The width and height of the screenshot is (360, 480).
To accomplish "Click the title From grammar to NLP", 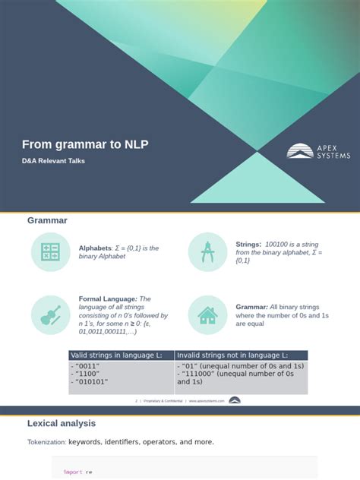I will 85,144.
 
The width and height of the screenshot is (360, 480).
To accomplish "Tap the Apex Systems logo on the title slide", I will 318,151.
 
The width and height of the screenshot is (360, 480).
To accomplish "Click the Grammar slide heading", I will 47,220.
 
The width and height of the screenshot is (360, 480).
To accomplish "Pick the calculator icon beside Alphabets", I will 51,252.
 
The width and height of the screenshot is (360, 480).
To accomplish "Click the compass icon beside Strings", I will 207,252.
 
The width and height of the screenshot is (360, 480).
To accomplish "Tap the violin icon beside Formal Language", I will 51,315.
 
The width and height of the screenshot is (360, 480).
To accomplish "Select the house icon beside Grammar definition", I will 207,315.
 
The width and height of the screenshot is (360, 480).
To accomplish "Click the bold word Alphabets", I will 95,248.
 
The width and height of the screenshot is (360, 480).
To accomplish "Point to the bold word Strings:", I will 248,244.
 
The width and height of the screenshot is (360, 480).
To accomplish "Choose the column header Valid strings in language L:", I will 121,355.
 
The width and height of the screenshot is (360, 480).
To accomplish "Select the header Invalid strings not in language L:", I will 232,355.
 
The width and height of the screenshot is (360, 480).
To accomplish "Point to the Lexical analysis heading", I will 62,423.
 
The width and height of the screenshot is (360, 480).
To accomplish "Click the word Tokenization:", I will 46,442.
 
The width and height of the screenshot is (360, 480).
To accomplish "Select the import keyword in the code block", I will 72,472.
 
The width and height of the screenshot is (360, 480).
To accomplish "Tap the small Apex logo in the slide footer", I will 235,400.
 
